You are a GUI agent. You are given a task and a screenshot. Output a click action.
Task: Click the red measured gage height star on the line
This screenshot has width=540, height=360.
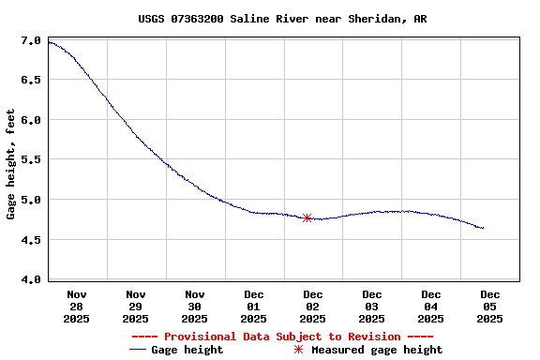[x=307, y=217]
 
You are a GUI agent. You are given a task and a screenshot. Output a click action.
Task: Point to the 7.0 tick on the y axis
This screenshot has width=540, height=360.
[x=30, y=41]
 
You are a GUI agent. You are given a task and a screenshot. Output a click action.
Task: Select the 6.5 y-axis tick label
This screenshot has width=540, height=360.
[x=30, y=81]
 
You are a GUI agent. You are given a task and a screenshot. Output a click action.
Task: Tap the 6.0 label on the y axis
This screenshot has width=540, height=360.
[x=30, y=120]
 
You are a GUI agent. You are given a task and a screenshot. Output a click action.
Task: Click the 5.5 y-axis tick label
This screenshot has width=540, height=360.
[x=30, y=160]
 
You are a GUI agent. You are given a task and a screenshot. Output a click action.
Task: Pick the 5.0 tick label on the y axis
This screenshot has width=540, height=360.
[x=30, y=200]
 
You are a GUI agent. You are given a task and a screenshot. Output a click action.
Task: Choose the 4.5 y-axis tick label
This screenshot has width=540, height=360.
[x=30, y=240]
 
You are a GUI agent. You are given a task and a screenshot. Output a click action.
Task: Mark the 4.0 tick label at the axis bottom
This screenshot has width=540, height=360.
[x=30, y=279]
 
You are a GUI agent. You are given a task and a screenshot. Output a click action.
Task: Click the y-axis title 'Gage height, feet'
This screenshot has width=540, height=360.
[x=10, y=164]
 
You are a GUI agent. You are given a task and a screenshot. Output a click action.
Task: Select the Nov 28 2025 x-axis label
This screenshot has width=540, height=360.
[x=77, y=306]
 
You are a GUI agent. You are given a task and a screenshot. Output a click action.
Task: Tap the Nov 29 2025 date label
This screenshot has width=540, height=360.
[x=136, y=306]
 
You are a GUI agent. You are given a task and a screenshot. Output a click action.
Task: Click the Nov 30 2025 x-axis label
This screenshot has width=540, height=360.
[x=195, y=306]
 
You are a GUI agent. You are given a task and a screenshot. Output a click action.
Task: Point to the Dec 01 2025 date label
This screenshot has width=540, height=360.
[x=254, y=306]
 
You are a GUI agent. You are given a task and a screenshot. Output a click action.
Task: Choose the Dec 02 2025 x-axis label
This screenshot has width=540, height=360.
[x=313, y=306]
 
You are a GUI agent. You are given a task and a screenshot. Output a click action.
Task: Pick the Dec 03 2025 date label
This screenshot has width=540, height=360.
[x=372, y=306]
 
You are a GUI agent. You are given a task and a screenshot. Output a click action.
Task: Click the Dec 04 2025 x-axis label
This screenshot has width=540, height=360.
[x=431, y=306]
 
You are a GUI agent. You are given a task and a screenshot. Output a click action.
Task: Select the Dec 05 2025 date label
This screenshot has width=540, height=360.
[x=490, y=306]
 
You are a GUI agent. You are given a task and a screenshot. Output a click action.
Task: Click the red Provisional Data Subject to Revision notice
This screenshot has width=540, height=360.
[x=282, y=337]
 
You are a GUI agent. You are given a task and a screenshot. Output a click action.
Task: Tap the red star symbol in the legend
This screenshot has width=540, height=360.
[x=299, y=350]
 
